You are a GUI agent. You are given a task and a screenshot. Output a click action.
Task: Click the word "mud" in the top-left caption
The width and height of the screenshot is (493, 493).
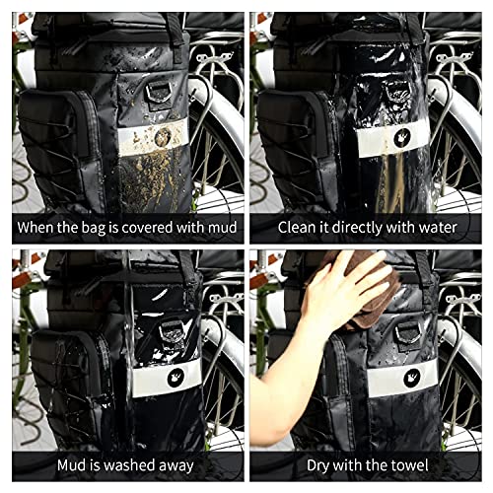223,228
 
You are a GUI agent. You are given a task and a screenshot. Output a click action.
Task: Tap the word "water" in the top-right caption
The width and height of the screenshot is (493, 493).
438,228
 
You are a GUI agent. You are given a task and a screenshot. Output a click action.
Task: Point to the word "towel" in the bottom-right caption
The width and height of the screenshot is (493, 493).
411,465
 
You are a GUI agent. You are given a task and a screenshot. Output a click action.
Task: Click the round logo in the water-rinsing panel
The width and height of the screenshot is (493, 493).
402,137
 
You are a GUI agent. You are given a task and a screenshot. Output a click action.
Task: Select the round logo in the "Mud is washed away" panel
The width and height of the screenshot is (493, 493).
176,378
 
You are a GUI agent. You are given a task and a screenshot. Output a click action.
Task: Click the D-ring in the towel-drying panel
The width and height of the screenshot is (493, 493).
408,332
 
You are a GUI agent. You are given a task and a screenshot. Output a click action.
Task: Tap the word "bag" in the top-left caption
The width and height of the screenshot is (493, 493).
93,228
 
